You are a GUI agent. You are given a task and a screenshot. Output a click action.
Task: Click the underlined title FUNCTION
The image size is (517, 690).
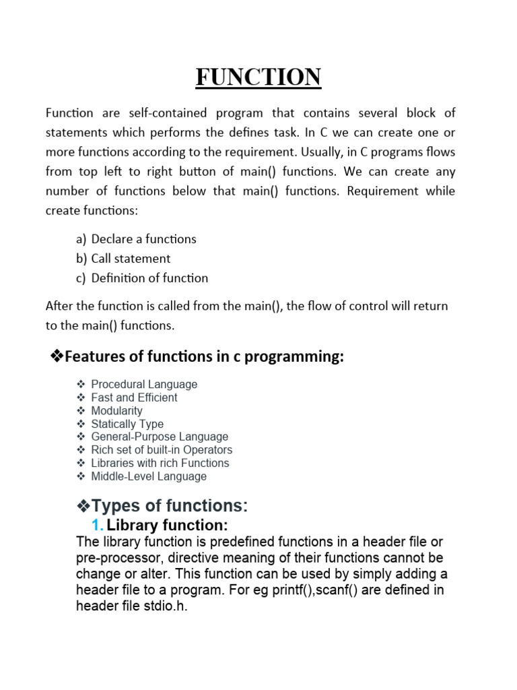pyautogui.click(x=258, y=77)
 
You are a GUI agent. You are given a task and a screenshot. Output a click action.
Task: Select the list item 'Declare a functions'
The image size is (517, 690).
pyautogui.click(x=143, y=239)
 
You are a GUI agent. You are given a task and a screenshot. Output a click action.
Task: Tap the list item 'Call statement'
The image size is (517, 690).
pyautogui.click(x=131, y=258)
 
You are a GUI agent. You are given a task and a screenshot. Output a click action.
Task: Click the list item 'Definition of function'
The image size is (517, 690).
pyautogui.click(x=149, y=278)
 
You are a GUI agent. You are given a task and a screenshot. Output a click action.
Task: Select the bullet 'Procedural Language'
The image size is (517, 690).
pyautogui.click(x=144, y=384)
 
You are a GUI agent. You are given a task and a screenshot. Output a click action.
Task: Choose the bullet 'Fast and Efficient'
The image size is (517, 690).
pyautogui.click(x=134, y=398)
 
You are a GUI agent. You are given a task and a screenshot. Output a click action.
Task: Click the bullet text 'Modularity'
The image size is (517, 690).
pyautogui.click(x=116, y=410)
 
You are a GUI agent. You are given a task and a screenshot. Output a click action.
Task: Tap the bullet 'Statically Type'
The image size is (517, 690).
pyautogui.click(x=127, y=424)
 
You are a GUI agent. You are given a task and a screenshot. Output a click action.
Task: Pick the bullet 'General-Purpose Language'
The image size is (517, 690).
pyautogui.click(x=160, y=437)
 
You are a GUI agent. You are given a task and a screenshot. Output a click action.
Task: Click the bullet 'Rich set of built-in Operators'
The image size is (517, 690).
pyautogui.click(x=162, y=449)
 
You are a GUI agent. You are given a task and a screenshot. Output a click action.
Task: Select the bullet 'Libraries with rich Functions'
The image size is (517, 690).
pyautogui.click(x=160, y=463)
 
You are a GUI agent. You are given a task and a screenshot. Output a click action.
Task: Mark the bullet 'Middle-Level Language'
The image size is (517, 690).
pyautogui.click(x=149, y=476)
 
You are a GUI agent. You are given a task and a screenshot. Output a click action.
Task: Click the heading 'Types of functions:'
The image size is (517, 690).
pyautogui.click(x=169, y=505)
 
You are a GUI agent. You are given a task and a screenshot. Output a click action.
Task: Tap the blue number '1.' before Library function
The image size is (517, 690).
pyautogui.click(x=98, y=525)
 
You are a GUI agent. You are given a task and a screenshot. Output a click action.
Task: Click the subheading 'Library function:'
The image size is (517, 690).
pyautogui.click(x=168, y=525)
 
